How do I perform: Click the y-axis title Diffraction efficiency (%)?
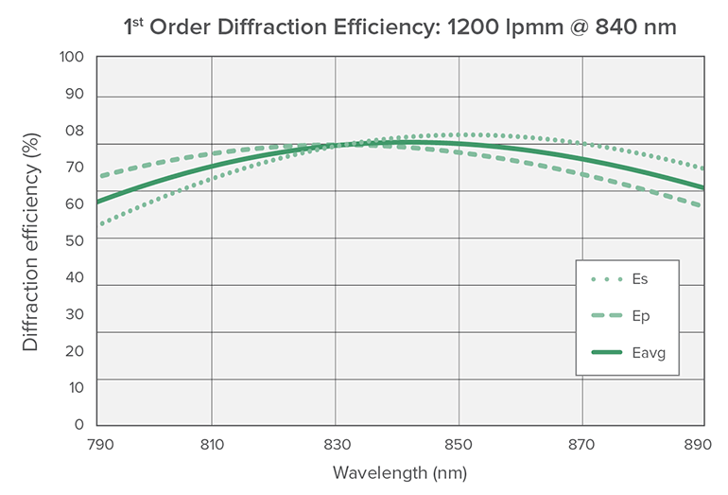pyautogui.click(x=31, y=243)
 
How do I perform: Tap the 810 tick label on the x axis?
pyautogui.click(x=212, y=442)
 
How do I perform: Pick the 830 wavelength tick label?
pyautogui.click(x=335, y=442)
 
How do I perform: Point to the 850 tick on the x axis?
pyautogui.click(x=459, y=442)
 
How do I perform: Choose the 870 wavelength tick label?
pyautogui.click(x=582, y=442)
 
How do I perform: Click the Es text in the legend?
pyautogui.click(x=640, y=279)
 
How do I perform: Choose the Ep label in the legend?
pyautogui.click(x=640, y=315)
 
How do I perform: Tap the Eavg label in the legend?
pyautogui.click(x=648, y=352)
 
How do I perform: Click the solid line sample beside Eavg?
pyautogui.click(x=606, y=352)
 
